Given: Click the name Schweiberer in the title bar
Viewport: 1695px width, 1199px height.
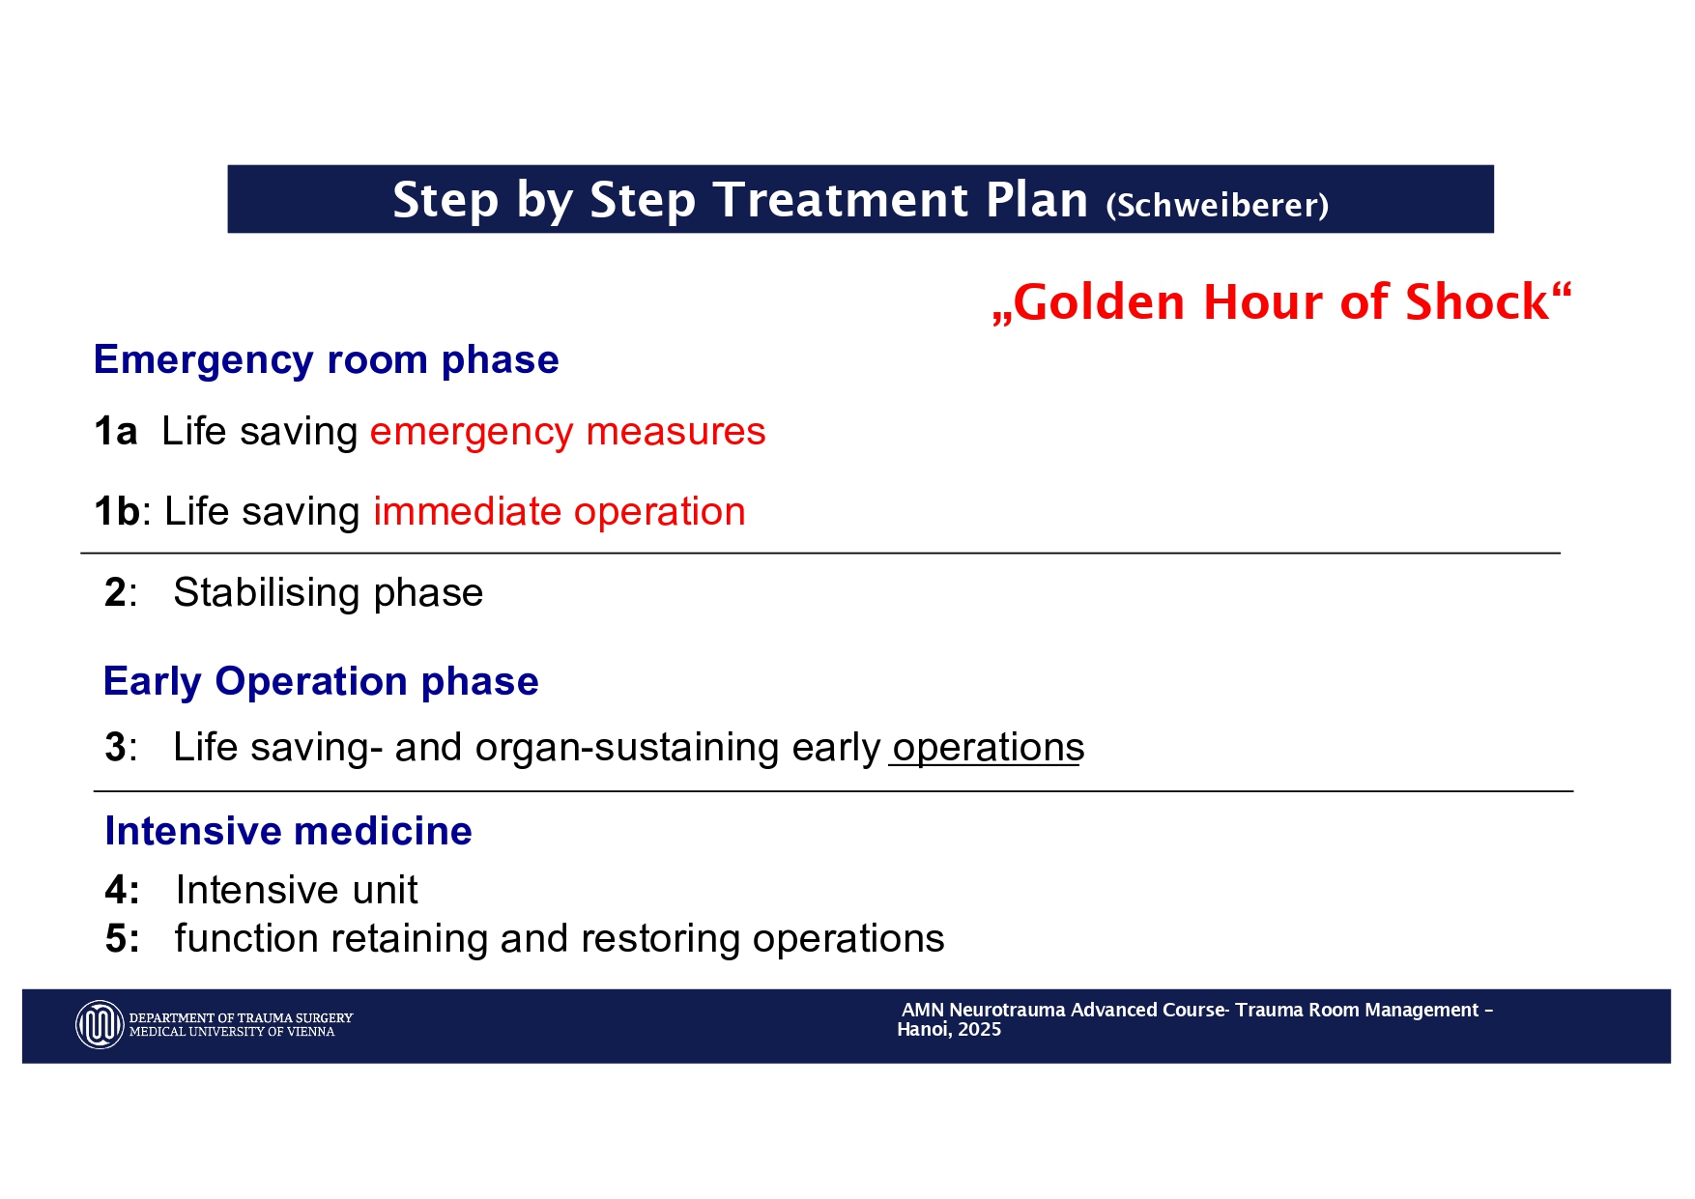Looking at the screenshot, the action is (1218, 205).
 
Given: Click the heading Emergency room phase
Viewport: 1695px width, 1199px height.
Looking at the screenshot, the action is (327, 360).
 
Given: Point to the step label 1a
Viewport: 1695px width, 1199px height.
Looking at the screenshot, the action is (116, 431).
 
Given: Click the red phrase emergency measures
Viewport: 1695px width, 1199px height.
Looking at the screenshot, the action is (568, 432).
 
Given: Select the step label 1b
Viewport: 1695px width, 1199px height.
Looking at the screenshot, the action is (117, 511).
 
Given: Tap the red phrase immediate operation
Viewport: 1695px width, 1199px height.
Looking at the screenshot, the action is (560, 512).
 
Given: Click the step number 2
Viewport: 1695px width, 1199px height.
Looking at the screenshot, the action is (115, 592).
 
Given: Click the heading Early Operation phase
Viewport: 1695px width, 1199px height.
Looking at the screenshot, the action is (321, 682).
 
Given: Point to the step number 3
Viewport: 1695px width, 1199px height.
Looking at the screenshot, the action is (115, 748).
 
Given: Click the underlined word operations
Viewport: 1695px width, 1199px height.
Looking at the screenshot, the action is (989, 749).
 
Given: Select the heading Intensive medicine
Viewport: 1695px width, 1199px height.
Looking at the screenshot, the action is (288, 831).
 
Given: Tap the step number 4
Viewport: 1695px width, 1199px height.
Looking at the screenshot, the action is (116, 890).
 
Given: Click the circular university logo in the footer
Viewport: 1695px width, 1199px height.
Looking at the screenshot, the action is (100, 1024).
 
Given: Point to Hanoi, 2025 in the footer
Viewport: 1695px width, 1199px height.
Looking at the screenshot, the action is (949, 1030).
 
